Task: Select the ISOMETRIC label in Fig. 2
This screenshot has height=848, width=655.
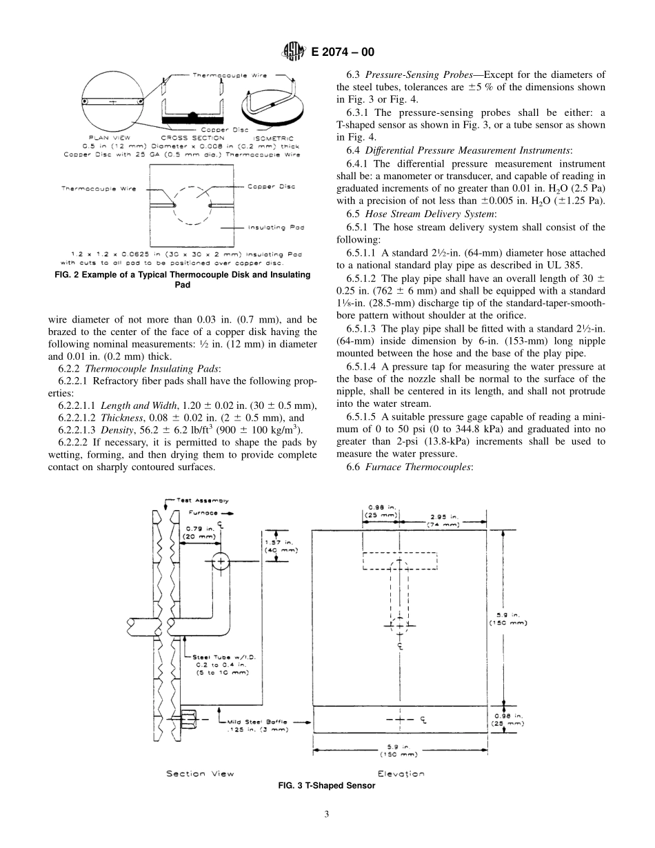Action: (x=270, y=137)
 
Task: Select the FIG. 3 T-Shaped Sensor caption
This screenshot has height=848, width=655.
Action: (x=327, y=785)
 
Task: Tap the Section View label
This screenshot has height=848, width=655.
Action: (x=200, y=774)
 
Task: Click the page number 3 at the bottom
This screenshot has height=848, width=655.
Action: (x=327, y=814)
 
